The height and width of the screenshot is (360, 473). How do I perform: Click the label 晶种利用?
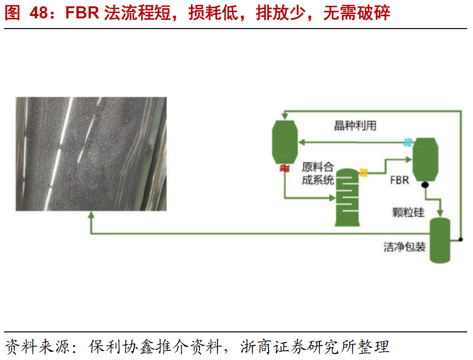355,126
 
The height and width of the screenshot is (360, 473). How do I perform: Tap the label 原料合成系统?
317,174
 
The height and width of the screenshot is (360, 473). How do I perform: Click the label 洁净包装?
405,247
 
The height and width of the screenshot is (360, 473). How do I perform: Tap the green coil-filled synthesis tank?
347,196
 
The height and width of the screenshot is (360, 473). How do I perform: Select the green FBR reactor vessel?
425,159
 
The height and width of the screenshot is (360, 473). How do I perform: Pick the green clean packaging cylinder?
441,239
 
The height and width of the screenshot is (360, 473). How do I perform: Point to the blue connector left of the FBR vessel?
409,142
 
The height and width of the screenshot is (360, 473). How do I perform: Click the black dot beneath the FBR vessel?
425,185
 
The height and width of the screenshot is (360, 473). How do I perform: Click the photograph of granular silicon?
91,154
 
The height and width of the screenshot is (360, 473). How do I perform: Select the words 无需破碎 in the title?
356,13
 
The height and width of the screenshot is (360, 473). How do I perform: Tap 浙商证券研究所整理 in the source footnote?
315,347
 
